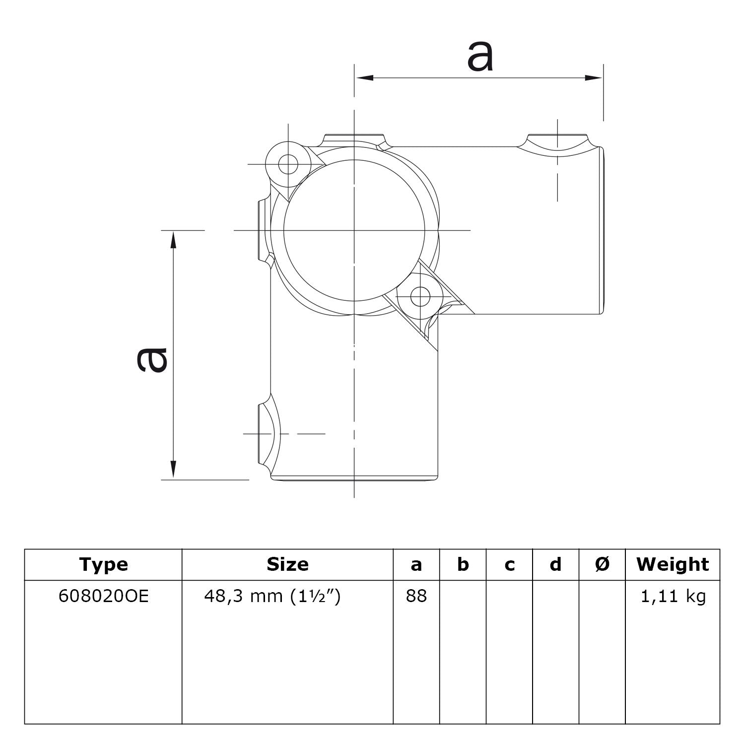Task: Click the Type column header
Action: (x=103, y=564)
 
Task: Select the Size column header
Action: (x=287, y=564)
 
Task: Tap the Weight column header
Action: (x=673, y=564)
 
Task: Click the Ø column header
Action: (x=602, y=564)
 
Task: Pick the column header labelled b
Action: (x=463, y=564)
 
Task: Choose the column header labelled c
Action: (x=509, y=564)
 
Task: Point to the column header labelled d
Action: (x=555, y=564)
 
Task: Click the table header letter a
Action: (x=416, y=564)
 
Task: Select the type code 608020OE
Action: (x=103, y=596)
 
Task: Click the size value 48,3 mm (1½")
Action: (x=272, y=596)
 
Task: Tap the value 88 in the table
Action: (x=416, y=596)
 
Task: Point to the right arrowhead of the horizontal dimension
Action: (x=594, y=78)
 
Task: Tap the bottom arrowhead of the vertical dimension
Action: (x=173, y=469)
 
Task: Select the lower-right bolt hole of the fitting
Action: (x=420, y=297)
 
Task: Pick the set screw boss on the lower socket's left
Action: (x=266, y=433)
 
